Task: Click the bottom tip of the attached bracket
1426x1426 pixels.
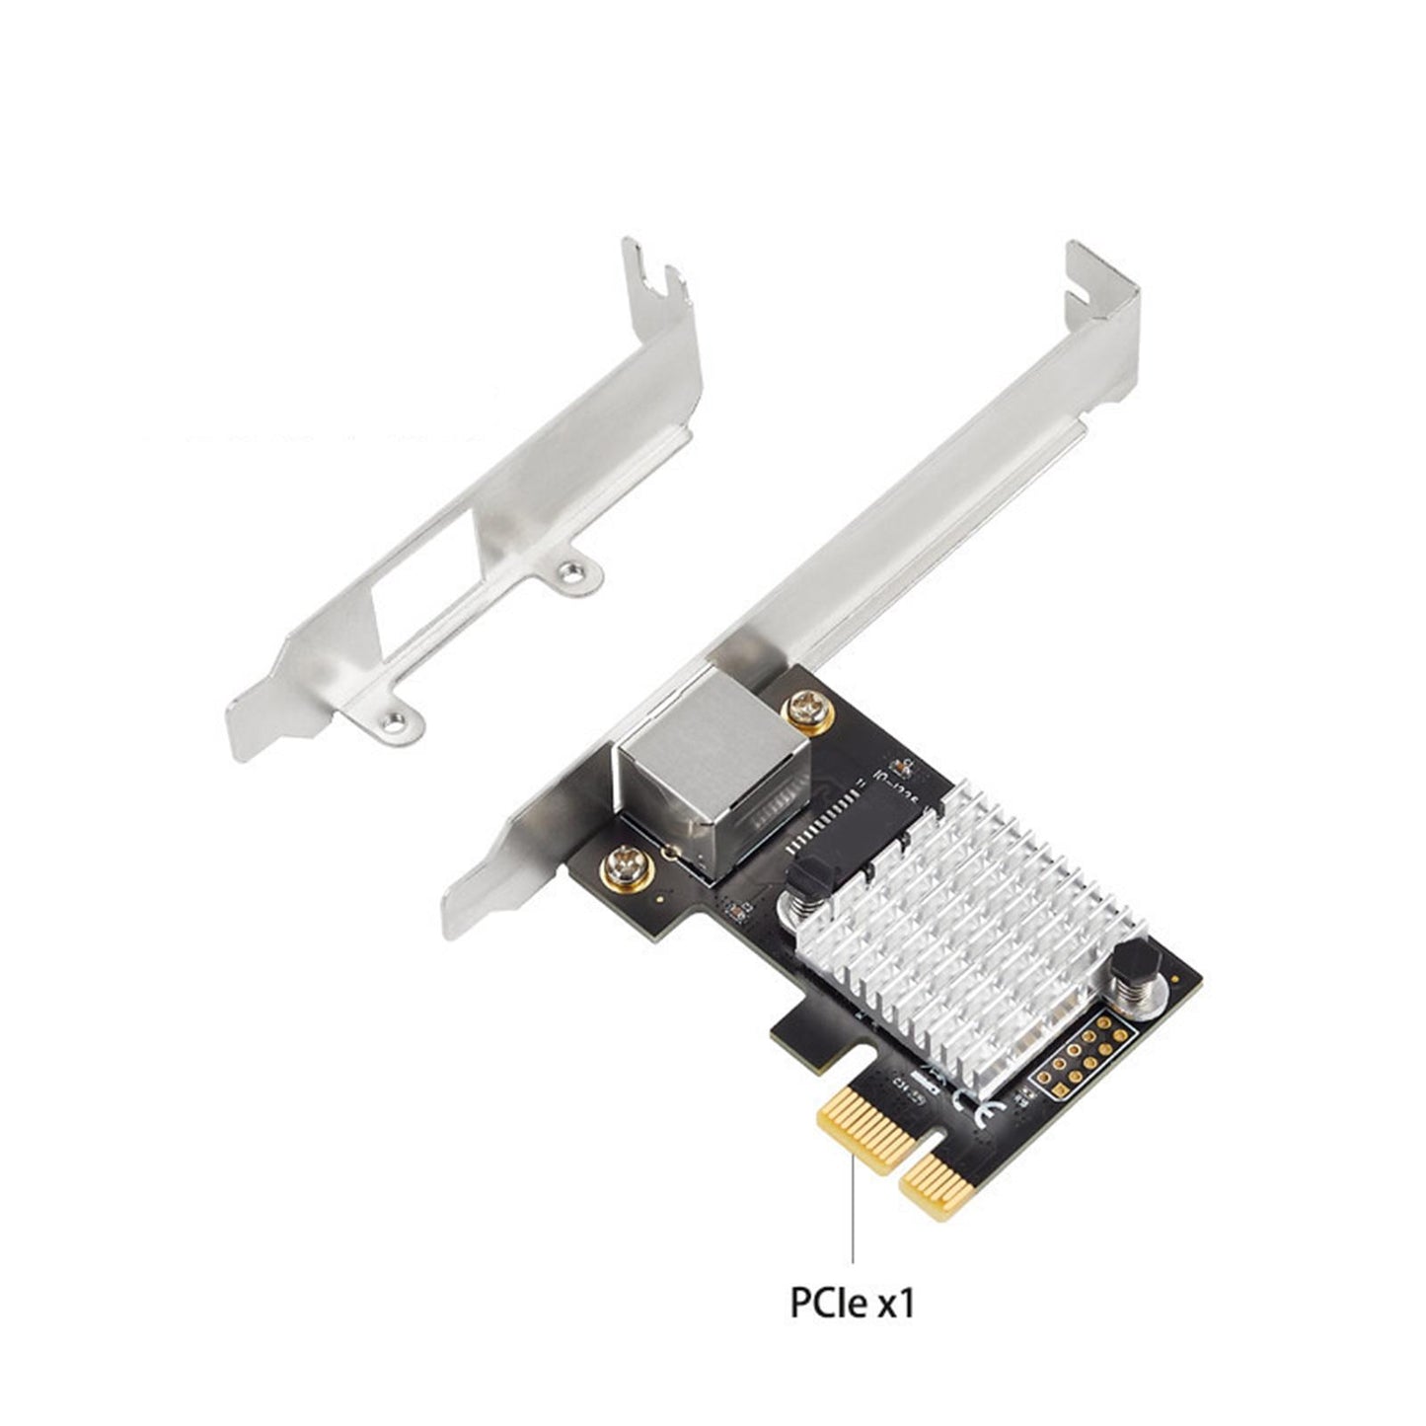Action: coord(464,903)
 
